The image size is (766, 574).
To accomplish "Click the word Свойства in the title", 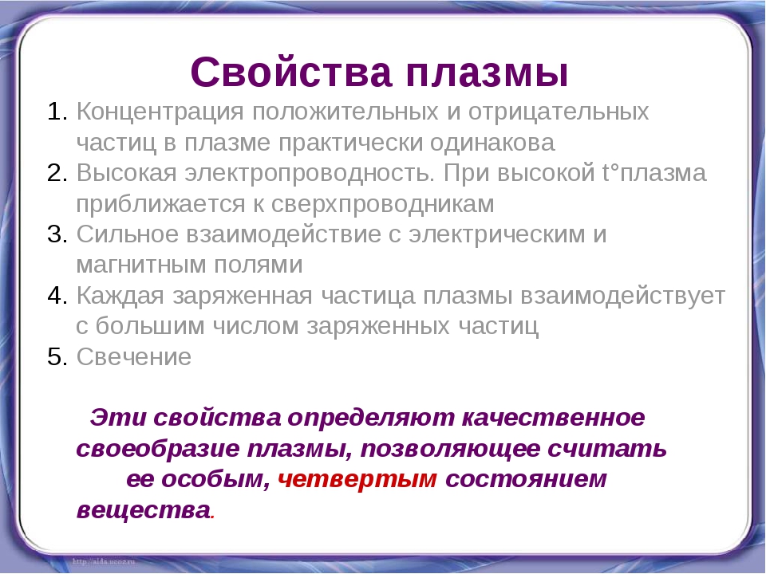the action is tap(292, 72).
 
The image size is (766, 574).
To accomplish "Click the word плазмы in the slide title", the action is tap(487, 73).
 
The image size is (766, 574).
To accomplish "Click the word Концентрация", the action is tap(160, 112).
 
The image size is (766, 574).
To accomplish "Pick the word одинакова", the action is tap(492, 143).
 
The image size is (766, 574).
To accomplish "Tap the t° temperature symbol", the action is tap(610, 173).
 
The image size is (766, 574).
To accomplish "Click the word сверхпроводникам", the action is tap(382, 205).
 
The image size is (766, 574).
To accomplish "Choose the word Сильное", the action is tap(128, 234).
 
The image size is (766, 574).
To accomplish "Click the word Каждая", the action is tap(120, 297).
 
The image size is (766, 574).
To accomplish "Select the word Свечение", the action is tap(134, 357).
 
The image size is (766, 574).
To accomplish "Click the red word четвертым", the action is tap(357, 479).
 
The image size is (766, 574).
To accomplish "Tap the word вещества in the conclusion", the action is tap(144, 510).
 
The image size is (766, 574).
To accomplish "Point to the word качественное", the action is tap(553, 418).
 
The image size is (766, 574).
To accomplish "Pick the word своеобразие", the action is tap(158, 449).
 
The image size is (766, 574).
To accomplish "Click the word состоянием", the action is tap(526, 479).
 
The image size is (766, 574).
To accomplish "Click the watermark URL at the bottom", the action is tap(104, 562).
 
